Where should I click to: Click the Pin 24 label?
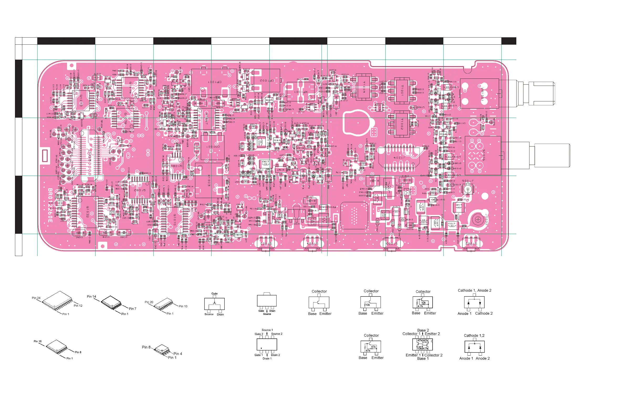coord(36,298)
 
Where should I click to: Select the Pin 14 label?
coord(92,297)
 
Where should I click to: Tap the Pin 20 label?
coord(149,302)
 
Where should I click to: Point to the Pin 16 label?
coord(38,341)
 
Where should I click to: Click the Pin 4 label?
coord(178,354)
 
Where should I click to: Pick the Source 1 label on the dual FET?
coord(267,330)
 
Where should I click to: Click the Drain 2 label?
coord(275,355)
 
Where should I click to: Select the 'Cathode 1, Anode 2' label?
coord(474,290)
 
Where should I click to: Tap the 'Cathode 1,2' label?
coord(474,336)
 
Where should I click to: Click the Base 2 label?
coord(423,330)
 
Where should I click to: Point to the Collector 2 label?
coord(433,355)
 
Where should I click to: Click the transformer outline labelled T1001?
coord(402,90)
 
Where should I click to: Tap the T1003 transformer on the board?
coord(364,87)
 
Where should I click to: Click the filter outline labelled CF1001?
coord(214,82)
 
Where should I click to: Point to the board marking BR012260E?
coord(50,205)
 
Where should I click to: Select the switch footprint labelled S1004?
coord(312,243)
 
